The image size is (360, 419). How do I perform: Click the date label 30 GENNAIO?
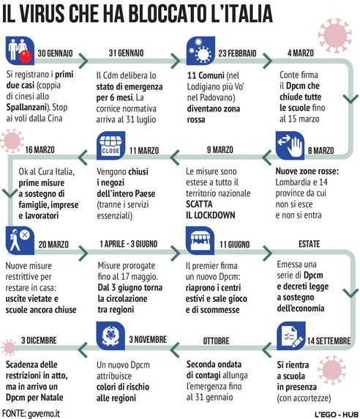tap(55, 53)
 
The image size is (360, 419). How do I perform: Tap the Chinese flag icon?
tap(26, 56)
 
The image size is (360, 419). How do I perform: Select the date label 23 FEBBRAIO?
tap(237, 53)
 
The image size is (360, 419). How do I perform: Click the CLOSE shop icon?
tap(110, 145)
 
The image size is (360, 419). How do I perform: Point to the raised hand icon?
tap(290, 145)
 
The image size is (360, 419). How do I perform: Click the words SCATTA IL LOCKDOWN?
tap(210, 209)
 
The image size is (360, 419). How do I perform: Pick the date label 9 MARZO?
tap(220, 149)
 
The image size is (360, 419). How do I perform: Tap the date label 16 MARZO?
tap(40, 149)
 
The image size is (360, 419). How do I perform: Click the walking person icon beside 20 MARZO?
tap(20, 240)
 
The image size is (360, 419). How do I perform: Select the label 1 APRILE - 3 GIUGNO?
tap(129, 244)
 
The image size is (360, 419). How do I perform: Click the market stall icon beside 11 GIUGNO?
tap(200, 240)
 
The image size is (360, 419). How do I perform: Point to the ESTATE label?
tap(309, 244)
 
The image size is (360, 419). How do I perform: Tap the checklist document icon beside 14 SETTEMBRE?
tap(291, 335)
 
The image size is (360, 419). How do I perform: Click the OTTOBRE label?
tap(216, 341)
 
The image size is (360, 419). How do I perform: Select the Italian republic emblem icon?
tap(110, 335)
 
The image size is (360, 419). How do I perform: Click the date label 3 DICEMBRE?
tap(39, 340)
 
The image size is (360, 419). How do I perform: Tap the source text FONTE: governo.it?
tap(31, 413)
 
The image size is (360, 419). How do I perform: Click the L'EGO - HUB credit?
tap(337, 414)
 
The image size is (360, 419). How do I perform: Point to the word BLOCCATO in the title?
tap(168, 13)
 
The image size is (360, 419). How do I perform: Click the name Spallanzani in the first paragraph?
tap(26, 107)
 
